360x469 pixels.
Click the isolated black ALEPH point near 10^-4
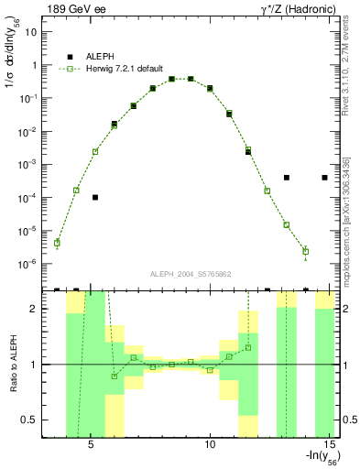pos(95,197)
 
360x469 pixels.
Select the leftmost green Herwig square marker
pos(57,243)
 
